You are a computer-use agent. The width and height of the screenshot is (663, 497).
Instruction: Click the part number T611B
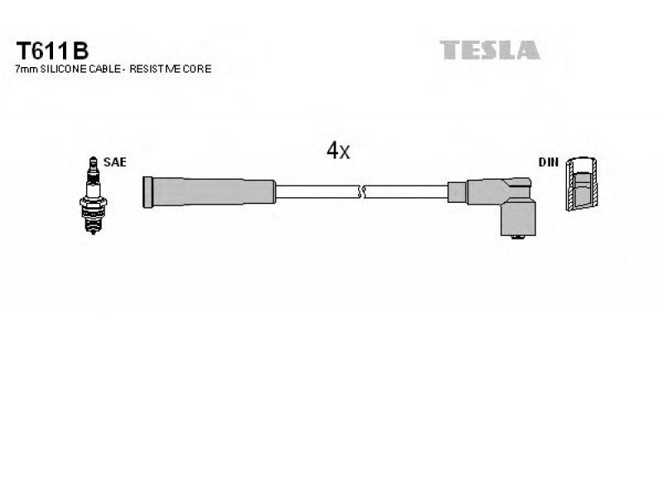(x=52, y=51)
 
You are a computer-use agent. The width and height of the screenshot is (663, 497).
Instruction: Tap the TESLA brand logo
(x=489, y=50)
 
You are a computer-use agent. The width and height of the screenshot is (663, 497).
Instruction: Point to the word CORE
(x=197, y=69)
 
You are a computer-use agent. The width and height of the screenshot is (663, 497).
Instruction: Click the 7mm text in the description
(x=27, y=69)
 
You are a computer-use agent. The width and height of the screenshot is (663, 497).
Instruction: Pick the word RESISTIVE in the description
(x=155, y=69)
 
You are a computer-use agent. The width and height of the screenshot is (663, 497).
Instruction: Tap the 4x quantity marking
(x=338, y=150)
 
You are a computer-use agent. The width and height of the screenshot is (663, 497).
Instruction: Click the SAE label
(x=114, y=162)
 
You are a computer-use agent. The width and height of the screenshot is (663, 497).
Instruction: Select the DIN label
(x=549, y=162)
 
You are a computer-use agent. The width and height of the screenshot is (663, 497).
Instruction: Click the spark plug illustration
(x=93, y=195)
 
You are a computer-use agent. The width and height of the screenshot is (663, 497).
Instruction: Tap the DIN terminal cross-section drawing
(x=582, y=184)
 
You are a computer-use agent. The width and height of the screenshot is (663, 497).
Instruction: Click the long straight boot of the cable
(x=210, y=192)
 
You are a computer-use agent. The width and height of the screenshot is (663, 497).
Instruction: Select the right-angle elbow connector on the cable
(x=501, y=206)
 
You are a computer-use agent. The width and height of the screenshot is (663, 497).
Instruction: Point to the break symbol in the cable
(x=361, y=192)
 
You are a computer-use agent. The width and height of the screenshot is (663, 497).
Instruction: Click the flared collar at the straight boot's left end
(x=148, y=192)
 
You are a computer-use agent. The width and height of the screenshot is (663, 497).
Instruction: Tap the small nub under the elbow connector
(x=517, y=237)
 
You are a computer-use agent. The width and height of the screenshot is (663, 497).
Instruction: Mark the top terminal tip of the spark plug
(x=93, y=160)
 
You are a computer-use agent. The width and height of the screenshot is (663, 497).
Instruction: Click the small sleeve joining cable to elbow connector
(x=457, y=192)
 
